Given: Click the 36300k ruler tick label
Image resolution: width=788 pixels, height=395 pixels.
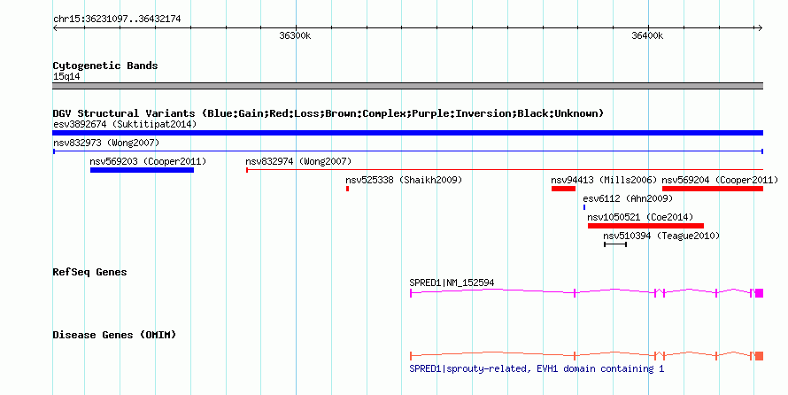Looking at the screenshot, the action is coord(295,35).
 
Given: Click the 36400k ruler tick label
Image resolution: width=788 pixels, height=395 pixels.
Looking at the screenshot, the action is coord(647,35).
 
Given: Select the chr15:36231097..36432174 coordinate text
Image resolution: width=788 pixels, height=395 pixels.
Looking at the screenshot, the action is coord(117,19).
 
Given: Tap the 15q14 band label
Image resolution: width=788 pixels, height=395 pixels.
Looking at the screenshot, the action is coord(66,77).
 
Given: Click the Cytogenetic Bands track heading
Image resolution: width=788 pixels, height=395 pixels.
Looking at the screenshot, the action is coord(105,66).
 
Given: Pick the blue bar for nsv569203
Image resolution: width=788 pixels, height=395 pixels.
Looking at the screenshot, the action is coord(143,170).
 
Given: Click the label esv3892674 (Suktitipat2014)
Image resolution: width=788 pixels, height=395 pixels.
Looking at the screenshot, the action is coord(125,124).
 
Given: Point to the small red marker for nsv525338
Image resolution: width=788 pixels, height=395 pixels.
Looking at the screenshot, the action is coord(347,189).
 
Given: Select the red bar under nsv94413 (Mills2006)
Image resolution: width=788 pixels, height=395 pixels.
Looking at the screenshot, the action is coord(563,189).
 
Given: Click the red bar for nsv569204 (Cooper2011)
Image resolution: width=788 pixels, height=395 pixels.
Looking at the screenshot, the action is coord(713,189).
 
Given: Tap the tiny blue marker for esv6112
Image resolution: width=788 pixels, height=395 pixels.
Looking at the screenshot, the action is coord(584,207).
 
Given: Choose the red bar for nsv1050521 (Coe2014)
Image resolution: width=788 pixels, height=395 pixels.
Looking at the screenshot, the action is coord(645,226).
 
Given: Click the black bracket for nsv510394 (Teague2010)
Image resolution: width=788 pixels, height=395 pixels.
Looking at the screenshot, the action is coord(615,244).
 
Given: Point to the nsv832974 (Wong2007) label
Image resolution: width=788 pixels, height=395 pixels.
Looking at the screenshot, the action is coord(298,161).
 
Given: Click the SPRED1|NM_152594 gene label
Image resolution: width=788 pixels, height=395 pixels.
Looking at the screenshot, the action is coord(452,283).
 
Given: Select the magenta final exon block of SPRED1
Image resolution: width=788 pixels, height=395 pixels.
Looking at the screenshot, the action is coord(759,293).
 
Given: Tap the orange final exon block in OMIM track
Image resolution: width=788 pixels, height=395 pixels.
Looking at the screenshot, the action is coord(759,356).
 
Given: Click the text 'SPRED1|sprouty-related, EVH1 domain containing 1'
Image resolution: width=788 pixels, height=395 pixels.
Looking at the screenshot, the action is coord(537,368).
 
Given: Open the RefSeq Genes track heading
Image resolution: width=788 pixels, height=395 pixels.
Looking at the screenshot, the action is coord(90,273).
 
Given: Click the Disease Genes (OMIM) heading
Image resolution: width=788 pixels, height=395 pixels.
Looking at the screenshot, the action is coord(114,335).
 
